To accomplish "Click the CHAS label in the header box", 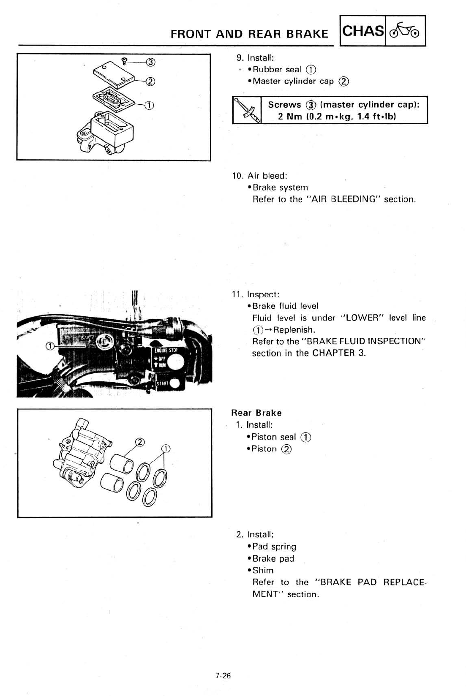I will pyautogui.click(x=363, y=31).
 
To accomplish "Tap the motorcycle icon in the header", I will pyautogui.click(x=405, y=31).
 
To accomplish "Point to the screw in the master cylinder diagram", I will pyautogui.click(x=124, y=62).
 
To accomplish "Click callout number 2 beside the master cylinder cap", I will pyautogui.click(x=150, y=82).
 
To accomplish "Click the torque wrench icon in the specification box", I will pyautogui.click(x=247, y=111).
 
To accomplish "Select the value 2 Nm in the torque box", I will pyautogui.click(x=289, y=117).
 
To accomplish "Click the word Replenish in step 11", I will pyautogui.click(x=294, y=330).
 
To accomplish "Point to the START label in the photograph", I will pyautogui.click(x=163, y=384).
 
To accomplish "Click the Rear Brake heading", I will pyautogui.click(x=256, y=413).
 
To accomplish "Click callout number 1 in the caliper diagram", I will pyautogui.click(x=166, y=449).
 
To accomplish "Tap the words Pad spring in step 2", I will pyautogui.click(x=274, y=547).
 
